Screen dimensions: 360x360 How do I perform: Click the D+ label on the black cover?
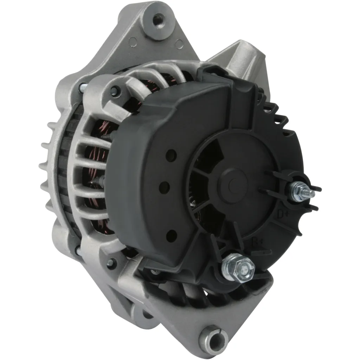(x=281, y=213)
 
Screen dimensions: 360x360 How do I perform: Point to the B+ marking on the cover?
(x=258, y=242)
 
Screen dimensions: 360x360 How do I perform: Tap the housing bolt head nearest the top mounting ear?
(x=114, y=91)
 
